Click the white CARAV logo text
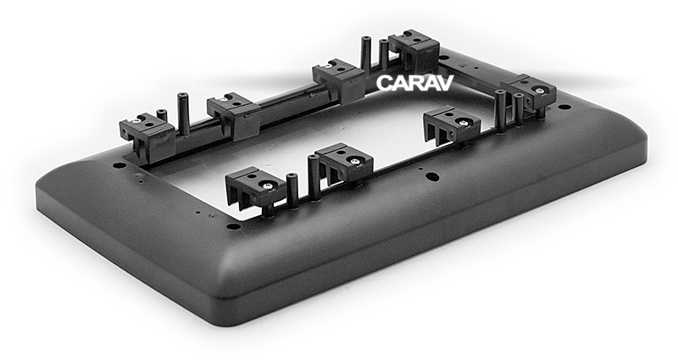[x=414, y=83]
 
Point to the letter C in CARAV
[x=384, y=83]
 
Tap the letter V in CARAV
[x=446, y=83]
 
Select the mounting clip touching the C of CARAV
[x=340, y=81]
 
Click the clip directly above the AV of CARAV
[x=414, y=51]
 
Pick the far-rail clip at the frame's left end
[x=147, y=136]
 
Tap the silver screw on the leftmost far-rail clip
[x=136, y=121]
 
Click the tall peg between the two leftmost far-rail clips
[x=183, y=114]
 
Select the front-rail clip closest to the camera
[x=256, y=188]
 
